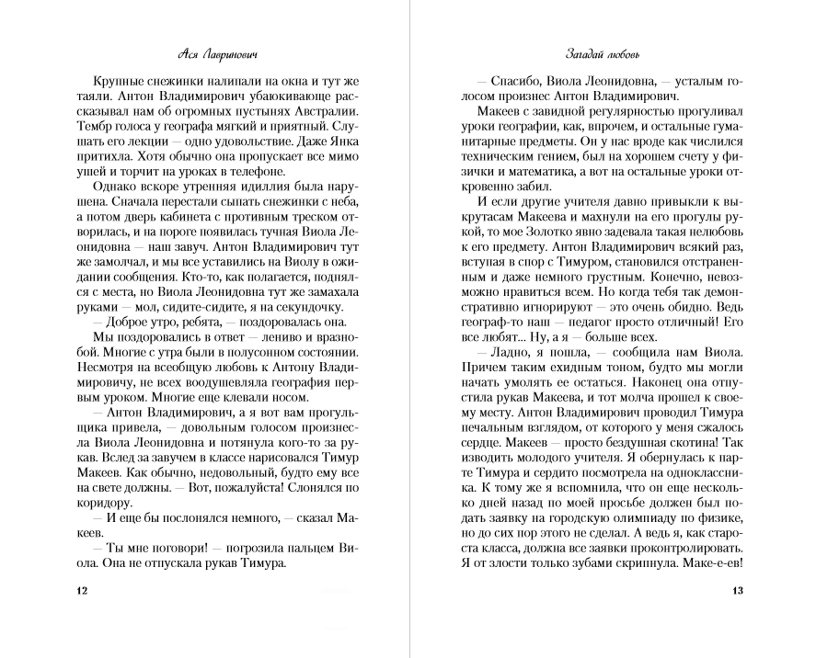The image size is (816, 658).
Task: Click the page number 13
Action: (736, 590)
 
